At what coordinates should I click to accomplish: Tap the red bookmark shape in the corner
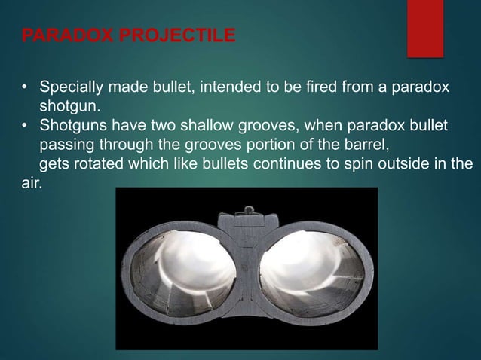pyautogui.click(x=424, y=27)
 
